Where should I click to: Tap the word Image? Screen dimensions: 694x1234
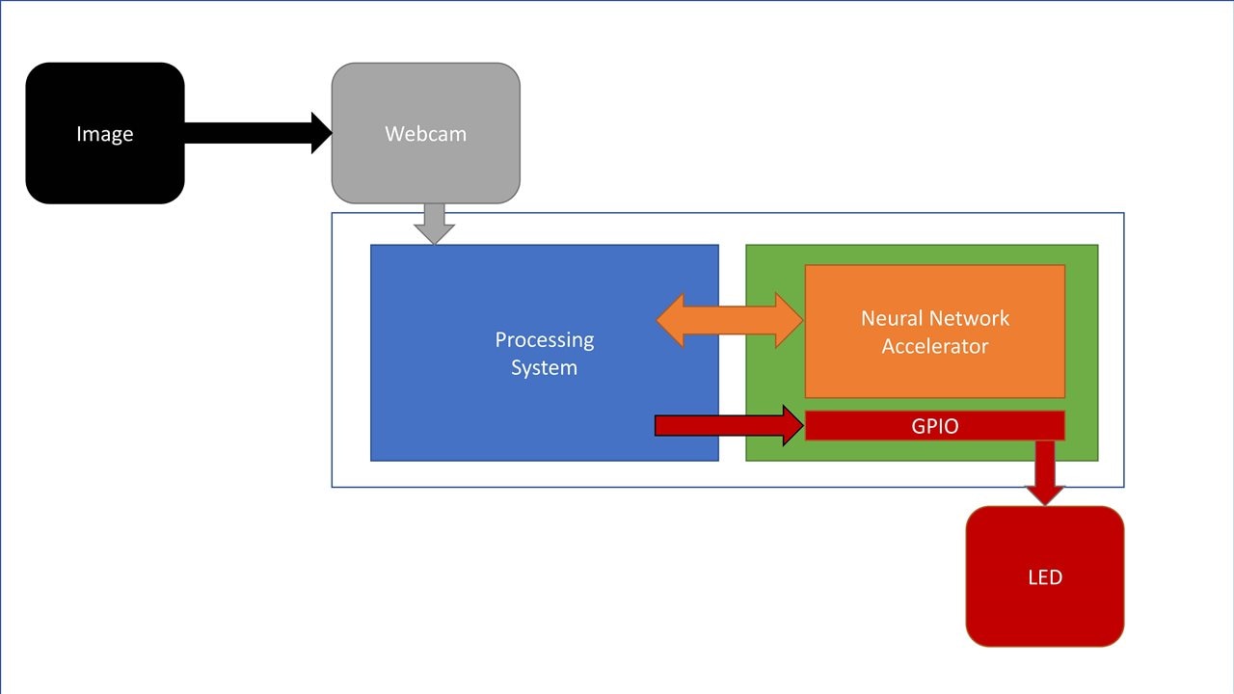pyautogui.click(x=104, y=134)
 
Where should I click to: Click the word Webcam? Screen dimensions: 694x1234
pyautogui.click(x=425, y=134)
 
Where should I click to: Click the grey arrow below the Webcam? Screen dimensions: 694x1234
pyautogui.click(x=434, y=224)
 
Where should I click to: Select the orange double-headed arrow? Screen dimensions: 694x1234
pyautogui.click(x=730, y=319)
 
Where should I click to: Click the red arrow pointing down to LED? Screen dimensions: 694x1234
pyautogui.click(x=1044, y=472)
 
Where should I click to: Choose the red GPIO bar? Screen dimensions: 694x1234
pyautogui.click(x=1003, y=425)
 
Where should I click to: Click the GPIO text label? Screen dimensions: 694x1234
pyautogui.click(x=935, y=426)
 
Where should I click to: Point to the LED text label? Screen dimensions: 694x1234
pyautogui.click(x=1045, y=577)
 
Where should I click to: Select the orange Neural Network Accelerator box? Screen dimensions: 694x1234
pyautogui.click(x=934, y=376)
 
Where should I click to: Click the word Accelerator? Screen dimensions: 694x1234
pyautogui.click(x=934, y=346)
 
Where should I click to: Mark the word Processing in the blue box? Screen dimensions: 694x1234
pyautogui.click(x=545, y=339)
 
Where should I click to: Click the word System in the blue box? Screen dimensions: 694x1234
pyautogui.click(x=544, y=367)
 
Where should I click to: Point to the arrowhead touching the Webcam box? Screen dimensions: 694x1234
pyautogui.click(x=322, y=133)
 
